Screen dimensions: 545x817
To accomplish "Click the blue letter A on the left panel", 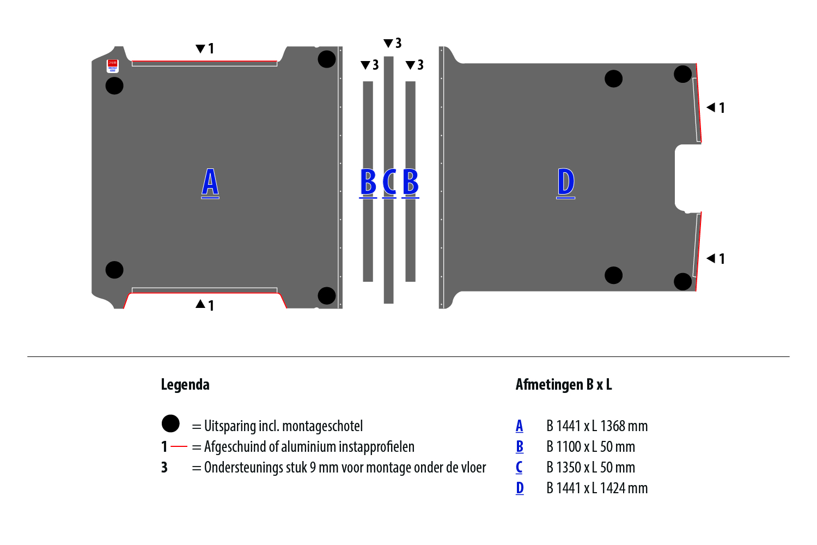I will [x=210, y=182].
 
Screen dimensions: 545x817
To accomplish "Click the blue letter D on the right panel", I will [x=566, y=182].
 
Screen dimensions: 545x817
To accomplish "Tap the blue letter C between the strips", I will [x=389, y=182].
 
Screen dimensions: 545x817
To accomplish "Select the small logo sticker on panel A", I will [x=112, y=65].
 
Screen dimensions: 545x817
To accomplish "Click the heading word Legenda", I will [x=185, y=385].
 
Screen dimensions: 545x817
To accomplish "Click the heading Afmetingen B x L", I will [x=564, y=385].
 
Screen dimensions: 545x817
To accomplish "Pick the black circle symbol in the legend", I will [x=170, y=423].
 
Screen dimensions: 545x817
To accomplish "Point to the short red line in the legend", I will [x=179, y=447].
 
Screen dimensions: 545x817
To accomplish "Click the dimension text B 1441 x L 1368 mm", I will [x=597, y=426].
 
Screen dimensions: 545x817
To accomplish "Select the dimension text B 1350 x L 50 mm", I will [x=590, y=468].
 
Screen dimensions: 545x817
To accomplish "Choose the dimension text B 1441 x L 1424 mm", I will [x=597, y=488].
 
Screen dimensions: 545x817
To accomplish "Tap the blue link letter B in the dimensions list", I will [x=520, y=447].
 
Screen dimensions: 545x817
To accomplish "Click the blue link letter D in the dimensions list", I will [x=520, y=488].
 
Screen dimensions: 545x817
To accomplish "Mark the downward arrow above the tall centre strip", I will [x=388, y=43].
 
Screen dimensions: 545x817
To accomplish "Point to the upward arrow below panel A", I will [x=200, y=304].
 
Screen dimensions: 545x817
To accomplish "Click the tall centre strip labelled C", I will [x=388, y=245].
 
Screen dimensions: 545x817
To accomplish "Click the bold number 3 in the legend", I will [x=164, y=468].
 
